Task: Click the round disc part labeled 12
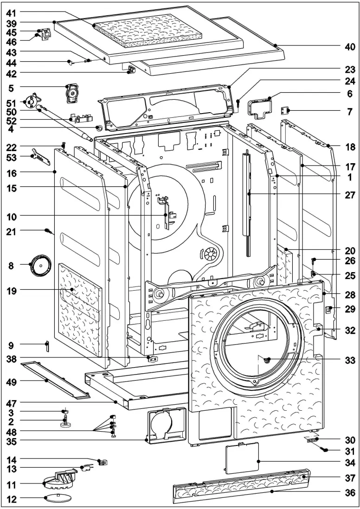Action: (x=55, y=499)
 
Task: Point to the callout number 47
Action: (x=11, y=402)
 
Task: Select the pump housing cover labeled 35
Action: (x=165, y=424)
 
